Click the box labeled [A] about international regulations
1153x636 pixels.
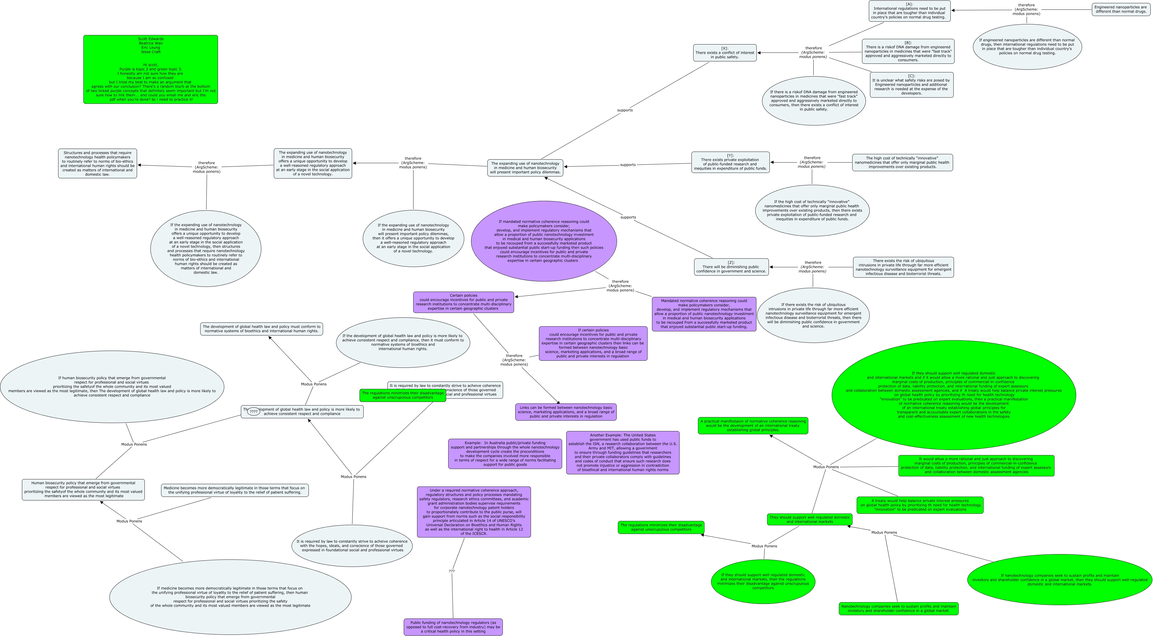[909, 11]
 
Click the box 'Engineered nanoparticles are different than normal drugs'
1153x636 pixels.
[1120, 9]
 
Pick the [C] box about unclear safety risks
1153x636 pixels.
[911, 85]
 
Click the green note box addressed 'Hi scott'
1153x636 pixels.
[150, 69]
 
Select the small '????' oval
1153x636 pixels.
[253, 411]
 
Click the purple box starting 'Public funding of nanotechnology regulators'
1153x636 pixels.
[453, 627]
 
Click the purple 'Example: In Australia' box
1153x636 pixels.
[505, 453]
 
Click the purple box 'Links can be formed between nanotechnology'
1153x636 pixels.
[565, 412]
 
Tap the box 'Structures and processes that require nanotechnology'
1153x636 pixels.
[98, 163]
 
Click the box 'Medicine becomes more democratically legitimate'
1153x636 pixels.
[235, 490]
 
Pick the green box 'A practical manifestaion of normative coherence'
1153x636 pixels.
[753, 425]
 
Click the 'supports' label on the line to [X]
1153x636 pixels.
[625, 110]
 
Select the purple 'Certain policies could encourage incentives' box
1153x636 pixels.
[463, 302]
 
